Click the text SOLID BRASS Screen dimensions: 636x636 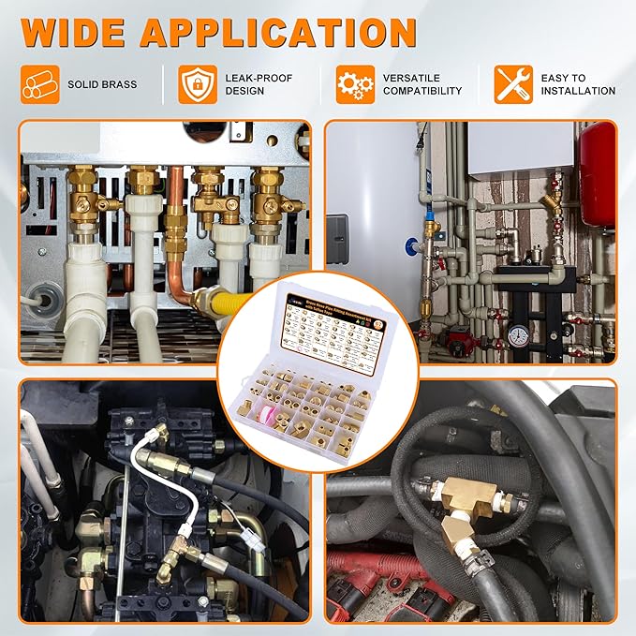pyautogui.click(x=102, y=84)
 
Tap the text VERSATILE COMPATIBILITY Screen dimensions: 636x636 pyautogui.click(x=422, y=84)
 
